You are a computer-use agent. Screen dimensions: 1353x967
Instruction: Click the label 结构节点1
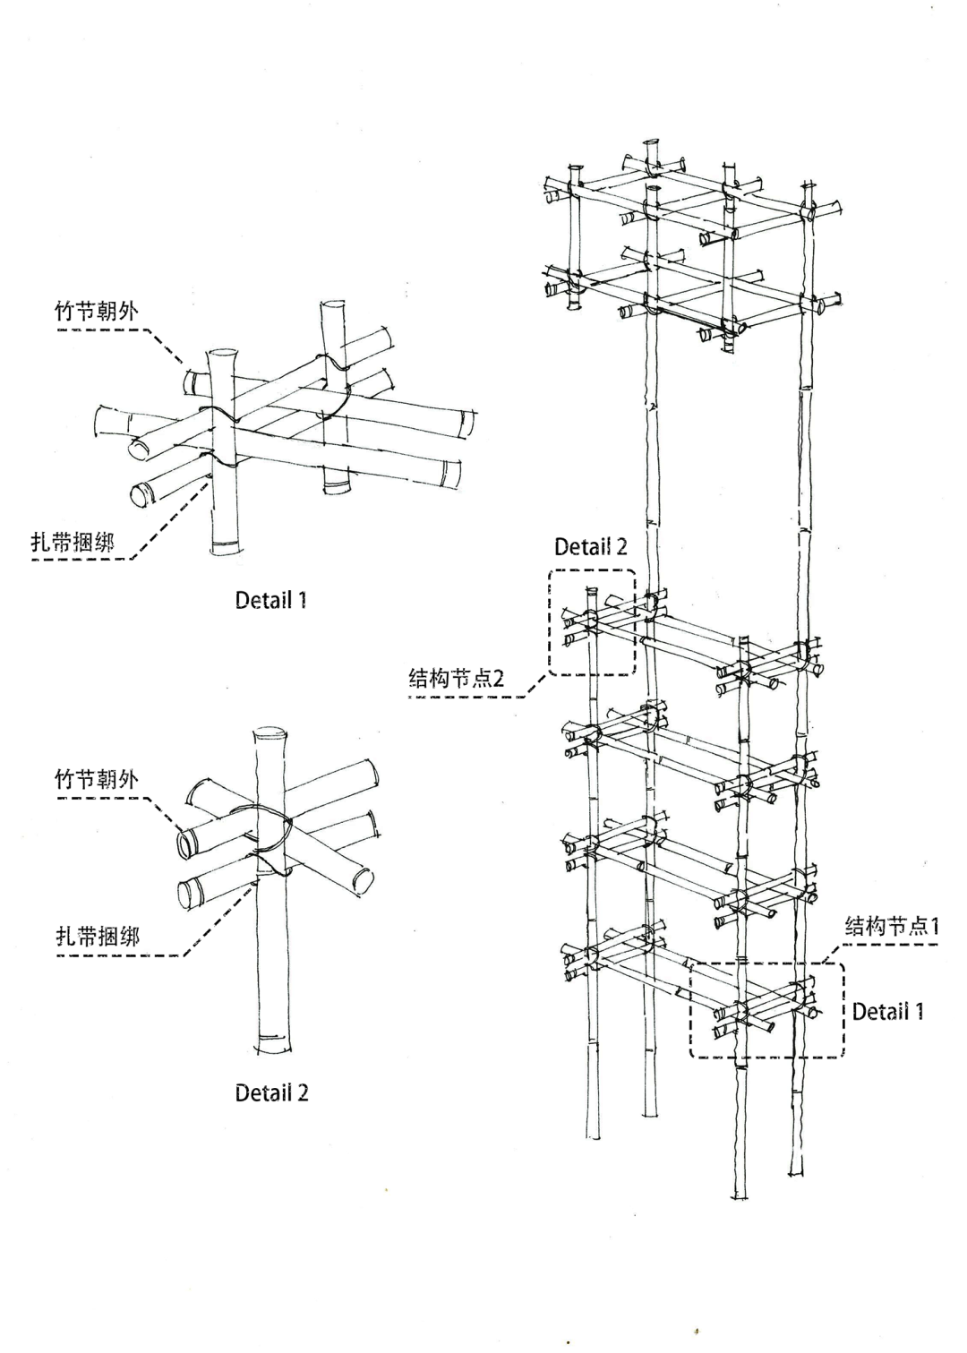click(x=892, y=926)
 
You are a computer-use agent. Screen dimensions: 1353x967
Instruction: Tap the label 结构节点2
click(x=456, y=679)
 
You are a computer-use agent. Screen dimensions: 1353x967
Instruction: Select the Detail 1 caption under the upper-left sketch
click(x=270, y=600)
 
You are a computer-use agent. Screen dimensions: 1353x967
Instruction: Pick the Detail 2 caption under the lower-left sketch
click(x=271, y=1092)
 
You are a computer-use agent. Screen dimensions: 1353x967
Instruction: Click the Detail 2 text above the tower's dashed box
click(x=590, y=547)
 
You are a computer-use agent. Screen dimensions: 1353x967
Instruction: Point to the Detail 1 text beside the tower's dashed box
click(x=887, y=1012)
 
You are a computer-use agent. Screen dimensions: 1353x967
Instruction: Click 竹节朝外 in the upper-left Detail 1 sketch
click(x=97, y=312)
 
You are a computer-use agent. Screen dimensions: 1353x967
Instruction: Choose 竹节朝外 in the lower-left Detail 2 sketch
click(x=97, y=779)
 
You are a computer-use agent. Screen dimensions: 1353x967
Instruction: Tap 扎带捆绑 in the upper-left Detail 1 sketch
click(x=73, y=542)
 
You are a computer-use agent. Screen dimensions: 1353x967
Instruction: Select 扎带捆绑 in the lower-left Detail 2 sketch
click(x=98, y=937)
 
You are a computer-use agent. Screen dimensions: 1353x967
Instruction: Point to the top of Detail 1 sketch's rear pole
click(x=332, y=305)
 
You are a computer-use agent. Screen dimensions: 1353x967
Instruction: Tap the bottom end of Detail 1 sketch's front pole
click(x=226, y=547)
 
